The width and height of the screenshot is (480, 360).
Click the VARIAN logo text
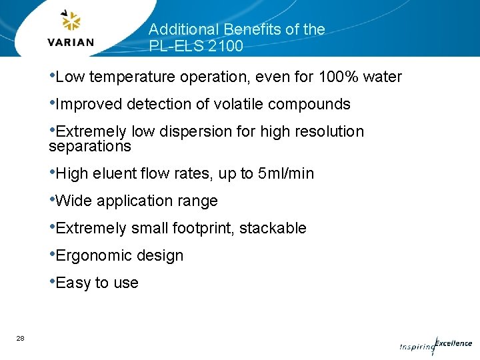(70, 41)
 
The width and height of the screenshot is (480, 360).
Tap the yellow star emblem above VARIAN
(71, 21)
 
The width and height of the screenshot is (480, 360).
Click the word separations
(90, 146)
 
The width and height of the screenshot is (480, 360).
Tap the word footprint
(203, 229)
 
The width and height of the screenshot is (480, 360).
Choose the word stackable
(273, 229)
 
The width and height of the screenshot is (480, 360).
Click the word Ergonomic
(90, 256)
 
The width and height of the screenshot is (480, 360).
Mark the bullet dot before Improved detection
(52, 102)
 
